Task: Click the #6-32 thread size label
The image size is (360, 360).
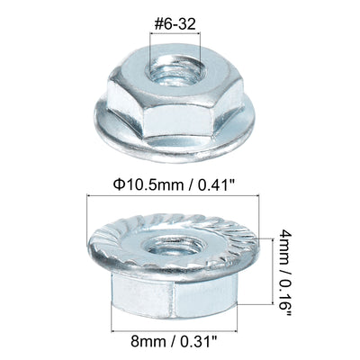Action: (175, 24)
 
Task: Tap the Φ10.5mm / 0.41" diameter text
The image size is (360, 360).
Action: (174, 184)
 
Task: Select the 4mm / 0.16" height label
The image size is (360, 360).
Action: (284, 272)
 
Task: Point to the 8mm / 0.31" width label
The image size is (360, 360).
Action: (174, 341)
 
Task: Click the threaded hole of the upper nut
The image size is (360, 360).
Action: (175, 71)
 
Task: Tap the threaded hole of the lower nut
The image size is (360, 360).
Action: (174, 247)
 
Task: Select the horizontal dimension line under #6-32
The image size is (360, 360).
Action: (175, 33)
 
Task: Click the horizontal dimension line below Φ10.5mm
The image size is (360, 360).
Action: (173, 195)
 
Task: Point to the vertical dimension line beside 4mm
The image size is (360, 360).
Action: (273, 272)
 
